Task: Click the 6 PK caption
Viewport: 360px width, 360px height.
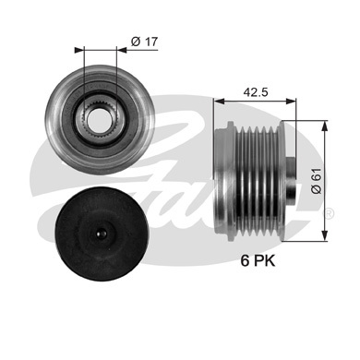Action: point(258,261)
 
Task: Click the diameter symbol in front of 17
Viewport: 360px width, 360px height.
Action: point(135,41)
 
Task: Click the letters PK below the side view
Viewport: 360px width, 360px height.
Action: point(264,261)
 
